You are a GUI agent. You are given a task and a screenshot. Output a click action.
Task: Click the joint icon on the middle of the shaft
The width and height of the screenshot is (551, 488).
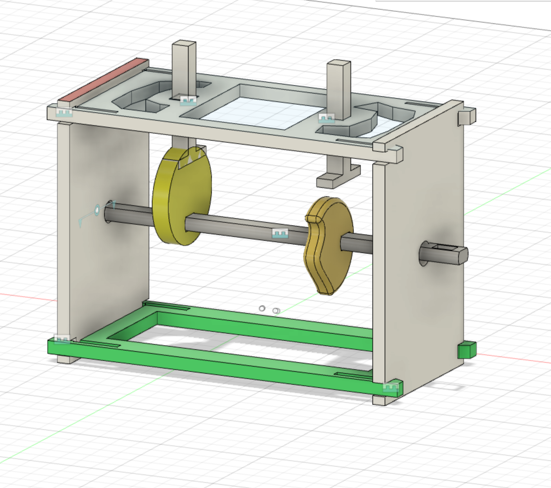point(280,233)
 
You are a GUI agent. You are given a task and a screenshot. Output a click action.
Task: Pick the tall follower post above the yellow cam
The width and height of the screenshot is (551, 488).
point(184,68)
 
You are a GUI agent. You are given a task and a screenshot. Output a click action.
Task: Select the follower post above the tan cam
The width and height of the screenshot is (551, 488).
point(339,87)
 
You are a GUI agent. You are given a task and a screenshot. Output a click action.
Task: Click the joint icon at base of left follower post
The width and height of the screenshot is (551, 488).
point(188,101)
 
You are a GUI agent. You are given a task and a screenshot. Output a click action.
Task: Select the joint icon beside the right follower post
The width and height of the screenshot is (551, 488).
point(326,118)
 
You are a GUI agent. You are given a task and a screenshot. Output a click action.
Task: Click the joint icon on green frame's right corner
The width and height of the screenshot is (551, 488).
point(391,387)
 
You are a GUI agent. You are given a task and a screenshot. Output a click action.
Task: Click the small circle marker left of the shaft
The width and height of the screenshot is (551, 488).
point(97,210)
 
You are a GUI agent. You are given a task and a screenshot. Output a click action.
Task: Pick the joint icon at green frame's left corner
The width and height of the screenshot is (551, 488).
point(62,340)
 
